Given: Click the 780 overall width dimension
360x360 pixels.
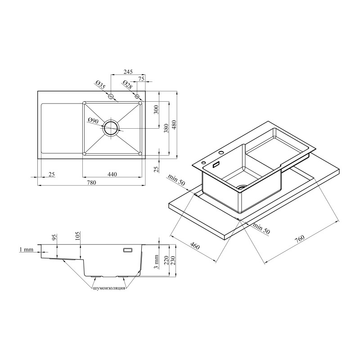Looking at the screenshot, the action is [x=91, y=183].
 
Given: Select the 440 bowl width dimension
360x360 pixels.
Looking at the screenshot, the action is [x=112, y=174].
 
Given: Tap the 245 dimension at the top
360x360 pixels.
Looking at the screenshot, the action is [x=128, y=72].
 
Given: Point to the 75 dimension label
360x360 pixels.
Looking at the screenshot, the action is [x=141, y=79].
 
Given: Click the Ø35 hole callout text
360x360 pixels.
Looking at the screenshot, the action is [x=100, y=85].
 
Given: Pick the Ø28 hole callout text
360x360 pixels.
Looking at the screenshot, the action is [x=127, y=85].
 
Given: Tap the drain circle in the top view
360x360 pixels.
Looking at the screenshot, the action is [x=111, y=128].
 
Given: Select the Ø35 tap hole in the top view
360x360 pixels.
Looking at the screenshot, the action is [x=111, y=96].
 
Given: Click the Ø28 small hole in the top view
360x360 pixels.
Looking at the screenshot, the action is [x=137, y=96].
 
